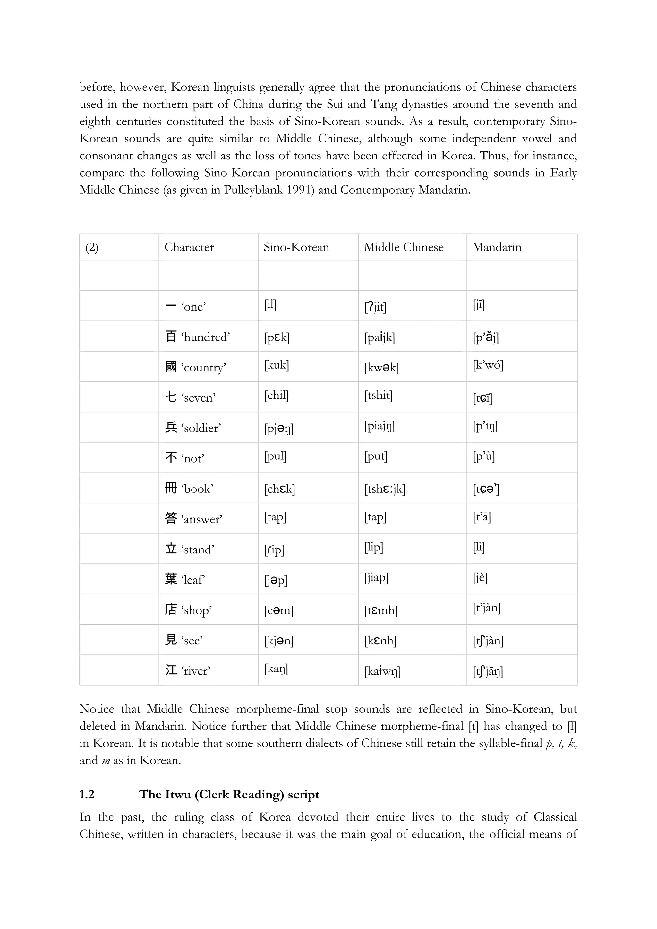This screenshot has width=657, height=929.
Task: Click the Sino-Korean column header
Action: [x=296, y=247]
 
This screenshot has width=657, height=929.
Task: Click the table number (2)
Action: [x=92, y=247]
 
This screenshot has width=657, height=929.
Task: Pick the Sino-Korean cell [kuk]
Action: [x=277, y=365]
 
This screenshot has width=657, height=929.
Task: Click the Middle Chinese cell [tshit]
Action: [x=378, y=395]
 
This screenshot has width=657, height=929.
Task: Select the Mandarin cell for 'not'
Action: [x=483, y=456]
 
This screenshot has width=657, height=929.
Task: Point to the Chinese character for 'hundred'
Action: [x=171, y=336]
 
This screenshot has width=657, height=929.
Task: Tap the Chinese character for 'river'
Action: [x=171, y=670]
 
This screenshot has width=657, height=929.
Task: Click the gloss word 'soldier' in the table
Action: [x=201, y=428]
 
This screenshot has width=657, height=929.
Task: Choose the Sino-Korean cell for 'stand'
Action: [x=274, y=550]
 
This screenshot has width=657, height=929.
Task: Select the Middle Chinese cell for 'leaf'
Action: [x=376, y=578]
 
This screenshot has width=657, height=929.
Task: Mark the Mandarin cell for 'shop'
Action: [x=487, y=608]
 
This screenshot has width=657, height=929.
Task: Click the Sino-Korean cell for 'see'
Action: [x=279, y=641]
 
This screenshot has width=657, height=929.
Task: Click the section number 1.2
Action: [x=87, y=795]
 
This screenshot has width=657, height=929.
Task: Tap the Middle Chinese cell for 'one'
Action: [x=375, y=307]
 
